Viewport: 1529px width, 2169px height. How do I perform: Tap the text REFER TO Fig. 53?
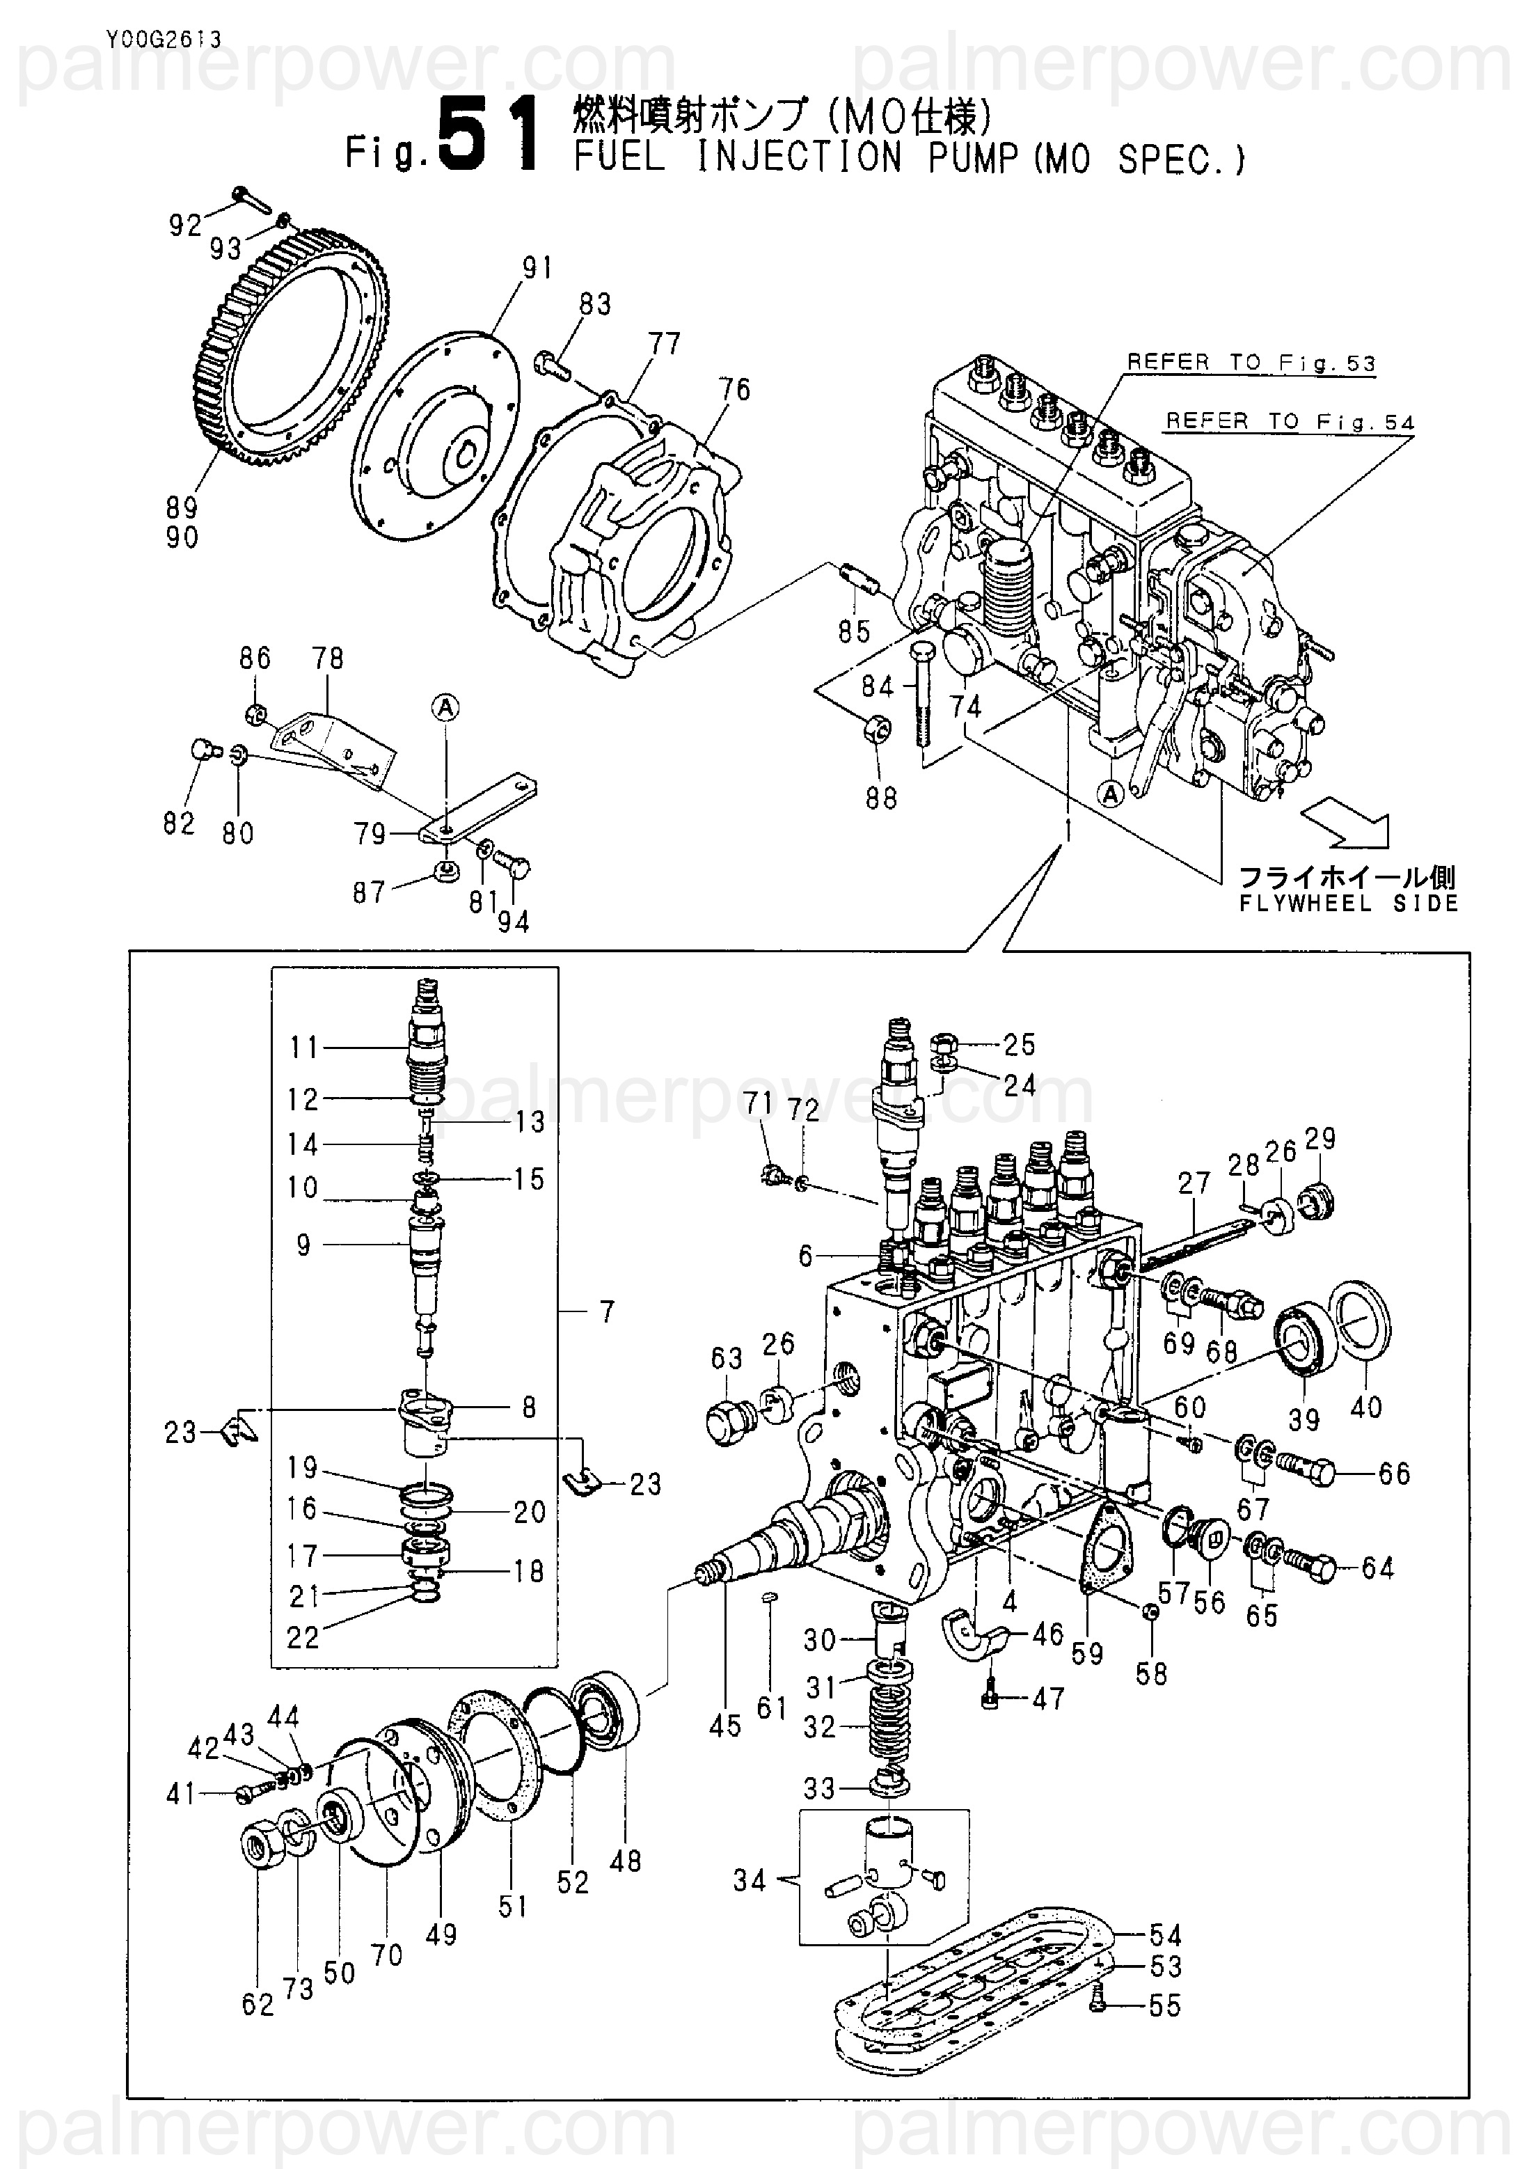point(1251,363)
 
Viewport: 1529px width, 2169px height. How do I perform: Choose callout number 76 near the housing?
point(735,389)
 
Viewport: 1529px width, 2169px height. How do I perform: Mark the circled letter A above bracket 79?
point(447,707)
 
